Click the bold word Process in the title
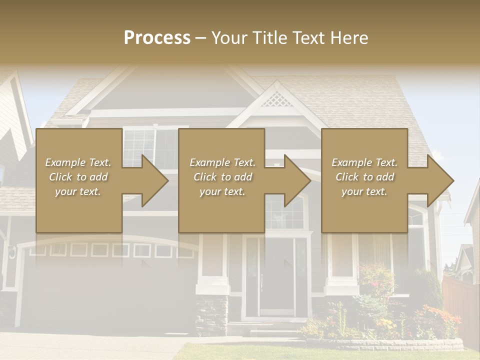pos(157,37)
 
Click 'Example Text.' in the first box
pos(78,162)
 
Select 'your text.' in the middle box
pos(222,191)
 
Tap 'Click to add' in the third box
pos(364,177)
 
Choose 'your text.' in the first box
pos(78,191)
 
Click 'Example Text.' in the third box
pos(364,162)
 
